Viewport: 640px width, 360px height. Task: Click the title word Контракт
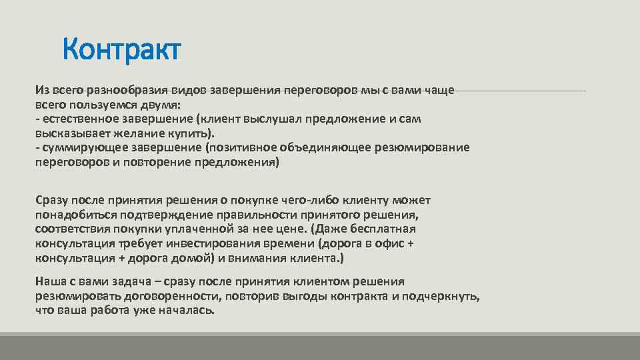(x=122, y=50)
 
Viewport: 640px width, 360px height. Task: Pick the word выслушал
(x=276, y=119)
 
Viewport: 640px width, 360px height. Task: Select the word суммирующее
(x=77, y=147)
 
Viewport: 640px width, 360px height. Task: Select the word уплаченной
(x=195, y=229)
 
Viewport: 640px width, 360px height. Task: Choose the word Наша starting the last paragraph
(x=51, y=282)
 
